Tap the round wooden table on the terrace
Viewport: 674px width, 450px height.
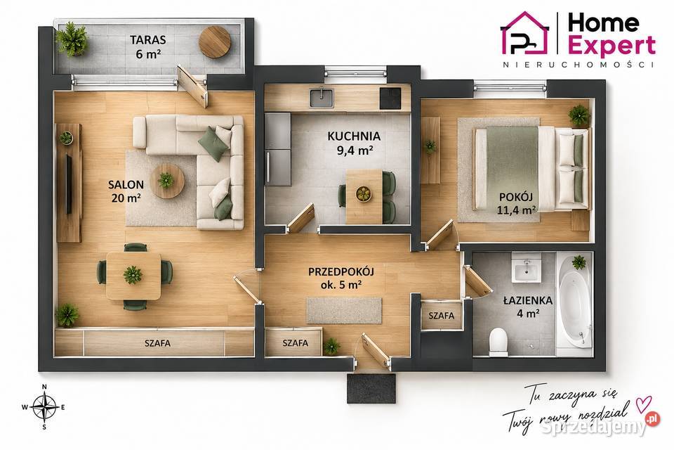tap(215, 41)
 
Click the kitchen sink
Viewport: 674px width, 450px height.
tap(322, 98)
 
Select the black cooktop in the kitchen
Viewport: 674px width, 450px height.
tap(390, 98)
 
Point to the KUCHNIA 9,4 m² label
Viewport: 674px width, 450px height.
tap(354, 143)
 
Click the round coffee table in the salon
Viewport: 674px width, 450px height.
tap(167, 181)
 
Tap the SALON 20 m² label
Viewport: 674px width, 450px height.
tap(126, 191)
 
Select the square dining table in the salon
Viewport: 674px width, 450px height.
tap(133, 276)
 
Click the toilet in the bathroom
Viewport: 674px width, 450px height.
tap(498, 342)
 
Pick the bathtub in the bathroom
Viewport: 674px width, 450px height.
tap(574, 304)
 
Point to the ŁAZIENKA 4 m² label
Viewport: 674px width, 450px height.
tap(528, 307)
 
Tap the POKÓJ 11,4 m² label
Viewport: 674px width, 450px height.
tap(516, 203)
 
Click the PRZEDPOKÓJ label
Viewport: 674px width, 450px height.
tap(341, 271)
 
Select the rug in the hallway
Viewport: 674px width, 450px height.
tap(344, 310)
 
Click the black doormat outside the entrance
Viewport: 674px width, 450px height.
tap(371, 388)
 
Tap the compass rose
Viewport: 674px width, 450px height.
tap(44, 407)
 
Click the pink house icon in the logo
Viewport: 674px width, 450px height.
tap(525, 34)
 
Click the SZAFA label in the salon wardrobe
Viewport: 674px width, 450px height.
tap(157, 343)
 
